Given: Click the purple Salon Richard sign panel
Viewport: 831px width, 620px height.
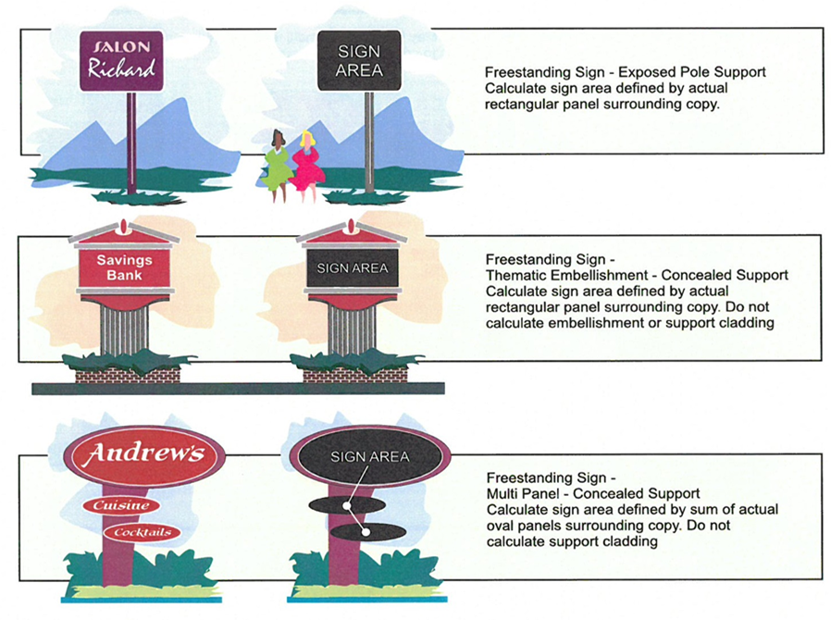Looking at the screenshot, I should point(121,60).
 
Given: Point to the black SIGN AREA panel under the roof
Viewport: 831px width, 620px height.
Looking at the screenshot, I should point(352,268).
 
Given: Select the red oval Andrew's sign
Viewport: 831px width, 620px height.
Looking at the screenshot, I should point(145,455).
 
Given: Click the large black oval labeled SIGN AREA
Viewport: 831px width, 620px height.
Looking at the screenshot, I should point(370,456).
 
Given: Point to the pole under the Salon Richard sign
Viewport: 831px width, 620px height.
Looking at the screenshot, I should point(131,139).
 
